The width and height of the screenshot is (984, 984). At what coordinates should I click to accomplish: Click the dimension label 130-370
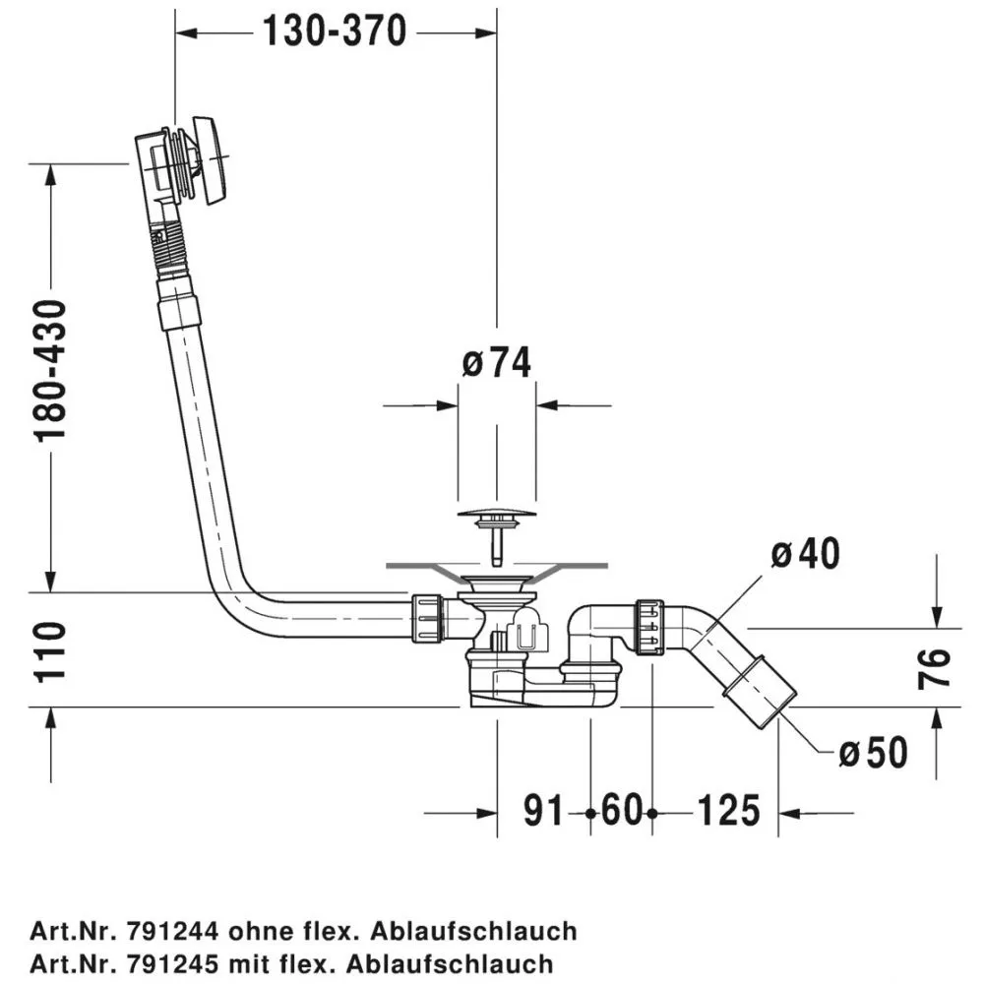335,32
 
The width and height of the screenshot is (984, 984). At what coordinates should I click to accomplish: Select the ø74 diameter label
496,363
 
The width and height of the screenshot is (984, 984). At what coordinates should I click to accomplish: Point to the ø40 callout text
806,554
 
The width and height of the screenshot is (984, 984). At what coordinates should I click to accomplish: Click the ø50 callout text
873,753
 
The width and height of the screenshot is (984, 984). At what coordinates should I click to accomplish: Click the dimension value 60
621,813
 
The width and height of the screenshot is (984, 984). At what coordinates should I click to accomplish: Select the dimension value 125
729,813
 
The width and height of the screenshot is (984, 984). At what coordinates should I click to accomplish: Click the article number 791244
174,930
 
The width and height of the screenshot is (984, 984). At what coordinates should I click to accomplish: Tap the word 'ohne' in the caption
262,930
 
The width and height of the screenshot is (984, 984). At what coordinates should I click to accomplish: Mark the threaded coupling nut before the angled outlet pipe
650,628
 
